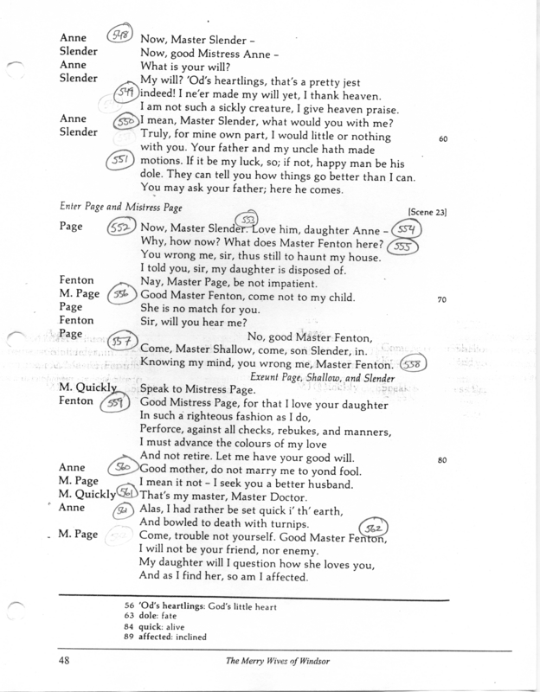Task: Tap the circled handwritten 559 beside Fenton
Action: click(119, 402)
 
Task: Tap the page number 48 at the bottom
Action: click(67, 661)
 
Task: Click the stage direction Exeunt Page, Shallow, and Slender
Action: click(320, 377)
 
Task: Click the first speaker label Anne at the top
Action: click(73, 39)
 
